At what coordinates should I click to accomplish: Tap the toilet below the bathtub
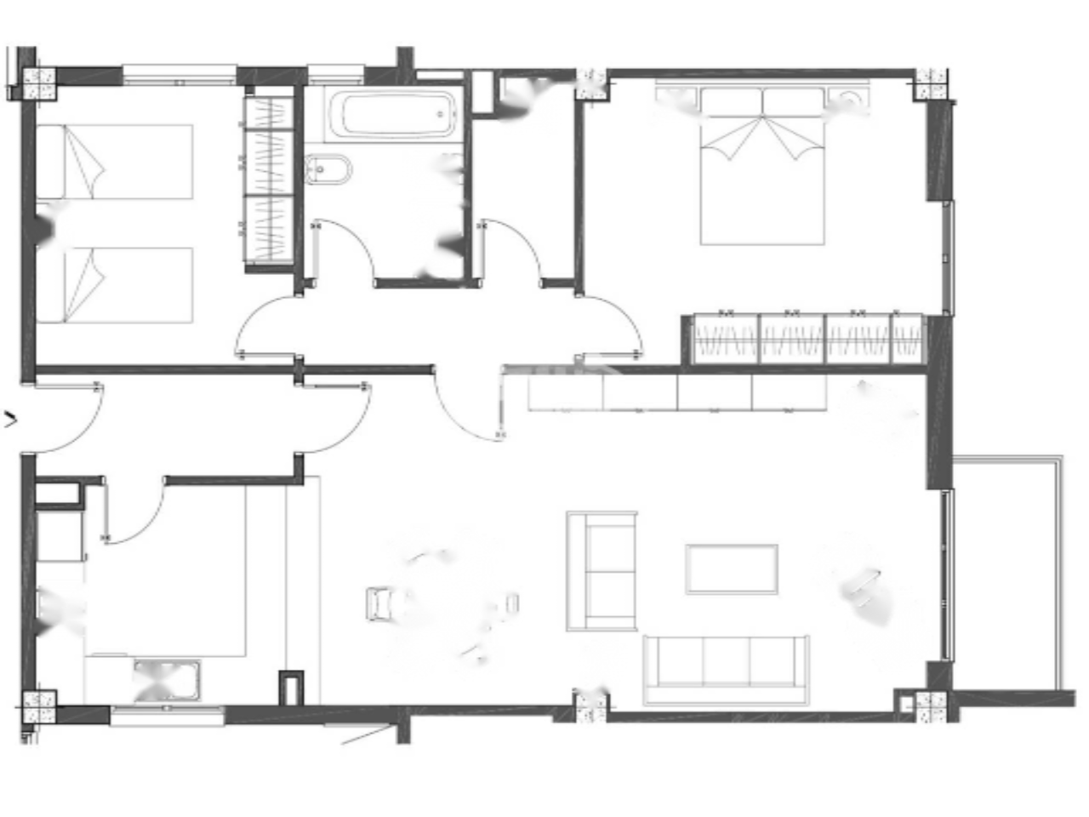328,170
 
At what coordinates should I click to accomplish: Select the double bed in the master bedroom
762,167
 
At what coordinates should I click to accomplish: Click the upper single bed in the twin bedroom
115,162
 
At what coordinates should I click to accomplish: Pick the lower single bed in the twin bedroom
115,285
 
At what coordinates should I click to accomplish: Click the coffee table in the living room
732,568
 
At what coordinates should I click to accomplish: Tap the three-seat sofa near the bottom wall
725,669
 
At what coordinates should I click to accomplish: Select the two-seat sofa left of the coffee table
602,571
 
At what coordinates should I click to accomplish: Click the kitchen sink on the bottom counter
167,680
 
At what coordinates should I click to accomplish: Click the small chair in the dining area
379,602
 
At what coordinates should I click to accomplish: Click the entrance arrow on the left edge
11,418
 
